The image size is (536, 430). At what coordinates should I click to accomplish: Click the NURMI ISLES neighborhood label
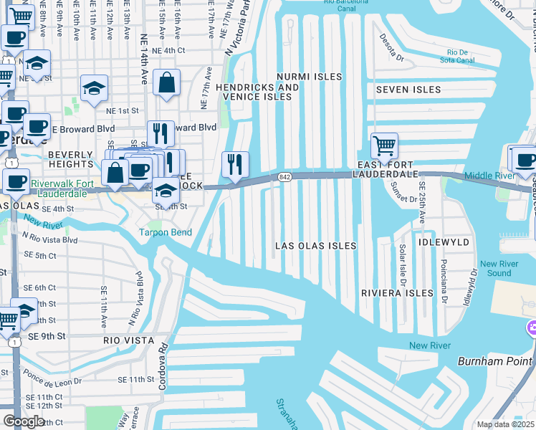[309, 76]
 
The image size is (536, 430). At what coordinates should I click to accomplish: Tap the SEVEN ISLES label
[408, 90]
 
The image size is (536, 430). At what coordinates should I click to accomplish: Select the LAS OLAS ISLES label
[316, 246]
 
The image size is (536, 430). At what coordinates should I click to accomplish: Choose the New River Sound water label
[494, 268]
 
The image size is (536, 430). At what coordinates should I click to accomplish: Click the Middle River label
[489, 176]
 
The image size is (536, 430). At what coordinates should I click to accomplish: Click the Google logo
[24, 421]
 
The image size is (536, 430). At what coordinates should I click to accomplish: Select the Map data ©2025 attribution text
[504, 424]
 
